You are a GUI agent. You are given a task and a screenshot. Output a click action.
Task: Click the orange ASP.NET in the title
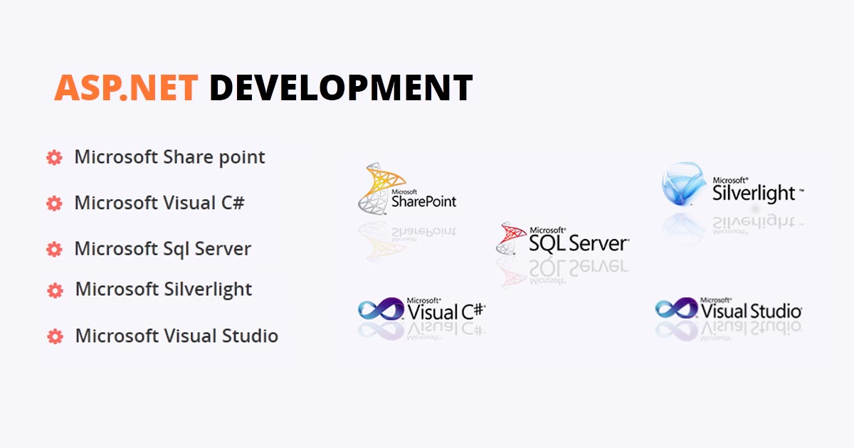126,87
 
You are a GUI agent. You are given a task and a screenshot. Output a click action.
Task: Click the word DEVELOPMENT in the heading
341,87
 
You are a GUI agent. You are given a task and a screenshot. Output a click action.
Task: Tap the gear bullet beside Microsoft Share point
54,158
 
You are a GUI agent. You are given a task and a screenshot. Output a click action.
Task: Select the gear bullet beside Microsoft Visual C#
54,203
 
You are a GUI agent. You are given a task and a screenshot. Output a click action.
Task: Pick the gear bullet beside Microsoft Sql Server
54,249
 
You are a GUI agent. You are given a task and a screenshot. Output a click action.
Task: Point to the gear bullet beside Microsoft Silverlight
55,290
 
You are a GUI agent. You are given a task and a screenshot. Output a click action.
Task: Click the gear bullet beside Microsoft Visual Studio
55,336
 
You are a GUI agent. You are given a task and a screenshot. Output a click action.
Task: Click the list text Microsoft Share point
169,157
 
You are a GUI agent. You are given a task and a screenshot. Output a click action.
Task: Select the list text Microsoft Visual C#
159,203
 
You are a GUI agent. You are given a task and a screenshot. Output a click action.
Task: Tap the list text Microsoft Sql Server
162,249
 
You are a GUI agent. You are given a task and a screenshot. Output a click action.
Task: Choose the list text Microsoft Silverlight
164,289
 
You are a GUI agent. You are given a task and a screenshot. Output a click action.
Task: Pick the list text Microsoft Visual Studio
176,336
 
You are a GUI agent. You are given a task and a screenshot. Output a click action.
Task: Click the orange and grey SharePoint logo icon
378,187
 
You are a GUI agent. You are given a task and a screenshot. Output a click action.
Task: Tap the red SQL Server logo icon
511,238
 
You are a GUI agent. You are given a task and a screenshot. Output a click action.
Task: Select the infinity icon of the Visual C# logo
381,309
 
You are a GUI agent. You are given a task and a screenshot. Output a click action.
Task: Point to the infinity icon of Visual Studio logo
677,309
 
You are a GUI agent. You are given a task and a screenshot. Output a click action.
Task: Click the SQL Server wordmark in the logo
578,243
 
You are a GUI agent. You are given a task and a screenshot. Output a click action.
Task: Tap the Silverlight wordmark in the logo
754,192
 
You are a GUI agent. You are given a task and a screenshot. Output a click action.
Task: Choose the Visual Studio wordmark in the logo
752,311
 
